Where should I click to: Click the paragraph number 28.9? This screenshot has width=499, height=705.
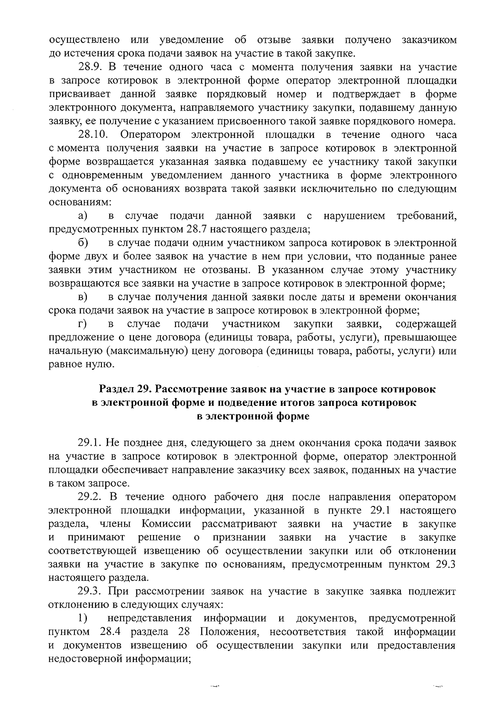89,67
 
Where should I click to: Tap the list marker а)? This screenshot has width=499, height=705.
83,216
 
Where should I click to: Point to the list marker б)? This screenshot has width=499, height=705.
83,243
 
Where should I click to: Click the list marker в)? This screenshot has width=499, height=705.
83,297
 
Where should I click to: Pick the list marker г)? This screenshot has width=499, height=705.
82,324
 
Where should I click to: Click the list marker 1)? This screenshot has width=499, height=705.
82,619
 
